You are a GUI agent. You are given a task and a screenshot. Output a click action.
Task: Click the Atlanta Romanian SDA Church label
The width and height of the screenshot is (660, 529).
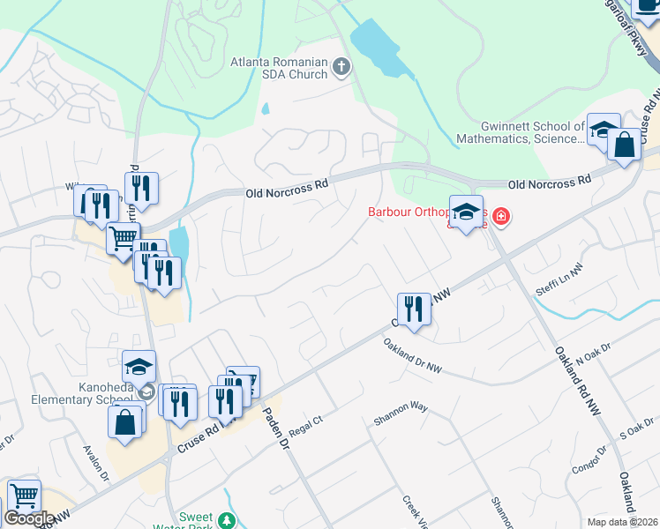pyautogui.click(x=278, y=68)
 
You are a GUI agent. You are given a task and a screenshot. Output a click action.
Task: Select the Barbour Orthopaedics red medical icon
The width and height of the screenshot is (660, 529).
pyautogui.click(x=501, y=215)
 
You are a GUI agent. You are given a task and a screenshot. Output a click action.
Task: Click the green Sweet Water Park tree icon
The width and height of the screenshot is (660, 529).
pyautogui.click(x=228, y=520)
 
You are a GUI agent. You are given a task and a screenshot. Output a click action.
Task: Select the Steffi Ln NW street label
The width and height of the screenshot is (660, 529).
pyautogui.click(x=559, y=279)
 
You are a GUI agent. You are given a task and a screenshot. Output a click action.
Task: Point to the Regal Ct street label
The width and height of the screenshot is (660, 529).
pyautogui.click(x=306, y=426)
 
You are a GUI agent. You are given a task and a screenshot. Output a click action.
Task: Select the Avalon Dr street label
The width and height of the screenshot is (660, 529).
pyautogui.click(x=96, y=464)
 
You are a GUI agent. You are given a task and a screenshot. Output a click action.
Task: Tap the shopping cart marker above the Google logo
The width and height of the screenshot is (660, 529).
pyautogui.click(x=24, y=495)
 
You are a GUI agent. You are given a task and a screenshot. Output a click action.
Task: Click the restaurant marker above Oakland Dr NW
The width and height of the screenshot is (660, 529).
pyautogui.click(x=414, y=309)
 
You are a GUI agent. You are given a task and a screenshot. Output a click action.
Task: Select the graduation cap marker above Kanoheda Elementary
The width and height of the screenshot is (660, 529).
pyautogui.click(x=139, y=366)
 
